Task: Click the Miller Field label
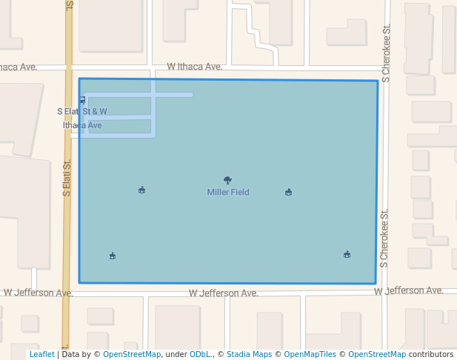point(228,193)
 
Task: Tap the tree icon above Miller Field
point(227,180)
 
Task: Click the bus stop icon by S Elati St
point(81,100)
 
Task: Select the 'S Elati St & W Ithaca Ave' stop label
point(82,119)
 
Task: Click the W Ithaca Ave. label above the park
point(195,67)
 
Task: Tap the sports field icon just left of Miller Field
point(141,190)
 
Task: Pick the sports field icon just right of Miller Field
point(288,193)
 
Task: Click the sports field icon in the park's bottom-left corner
point(113,256)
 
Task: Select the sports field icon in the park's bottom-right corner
point(347,255)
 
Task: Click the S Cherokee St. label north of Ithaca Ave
point(385,56)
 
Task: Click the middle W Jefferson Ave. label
point(224,293)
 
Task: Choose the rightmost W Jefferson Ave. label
point(408,290)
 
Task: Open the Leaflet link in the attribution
point(41,355)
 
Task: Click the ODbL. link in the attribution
point(201,355)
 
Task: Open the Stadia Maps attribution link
point(249,355)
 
